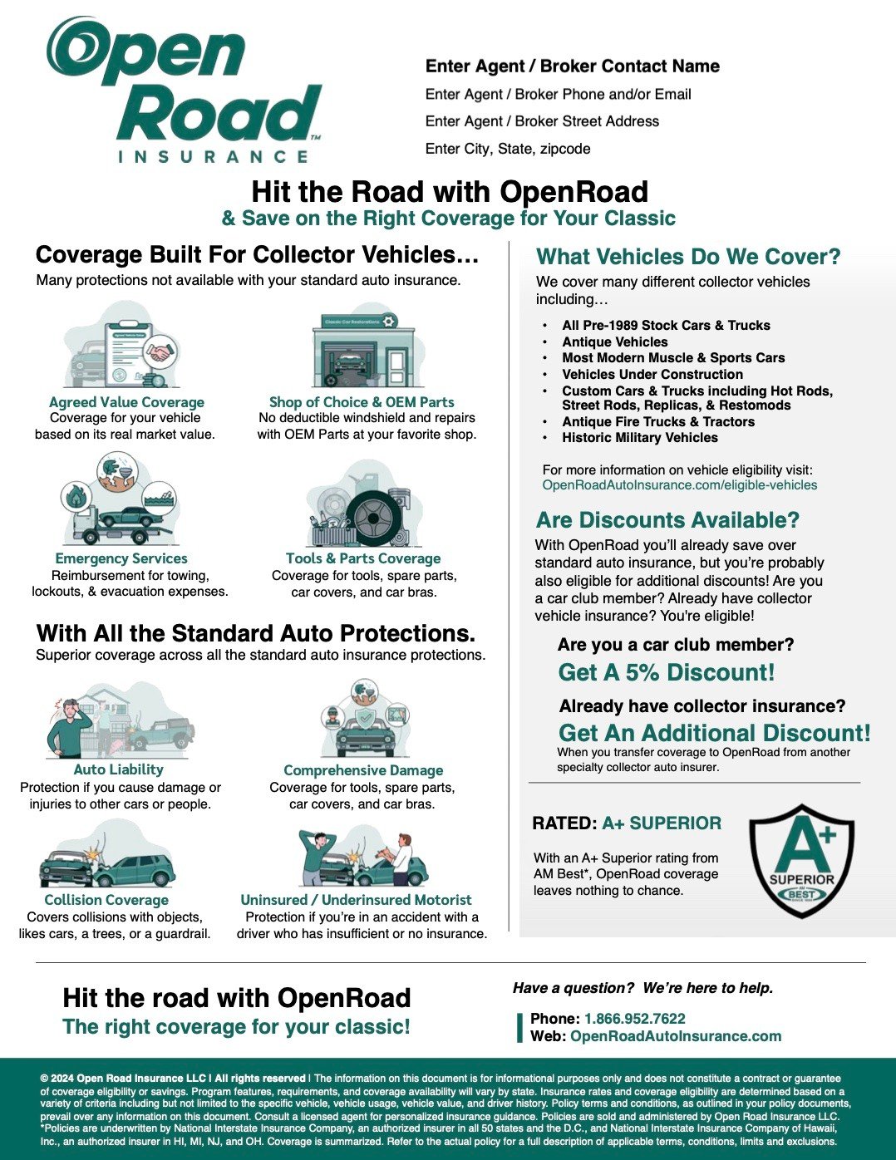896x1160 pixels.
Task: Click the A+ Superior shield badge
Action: tap(801, 861)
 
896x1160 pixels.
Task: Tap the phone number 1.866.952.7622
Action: tap(634, 1019)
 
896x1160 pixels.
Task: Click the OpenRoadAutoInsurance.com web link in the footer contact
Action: tap(675, 1036)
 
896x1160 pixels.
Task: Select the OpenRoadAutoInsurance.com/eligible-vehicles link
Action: tap(679, 485)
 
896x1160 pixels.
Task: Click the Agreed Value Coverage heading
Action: tap(126, 402)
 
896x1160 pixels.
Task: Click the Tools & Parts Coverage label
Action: tap(363, 558)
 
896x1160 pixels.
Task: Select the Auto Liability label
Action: tap(118, 769)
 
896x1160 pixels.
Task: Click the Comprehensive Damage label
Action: tap(363, 770)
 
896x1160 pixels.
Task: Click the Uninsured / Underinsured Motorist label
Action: tap(356, 900)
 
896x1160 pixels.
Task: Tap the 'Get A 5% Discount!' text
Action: tap(666, 672)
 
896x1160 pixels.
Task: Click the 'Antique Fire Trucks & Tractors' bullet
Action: tap(658, 422)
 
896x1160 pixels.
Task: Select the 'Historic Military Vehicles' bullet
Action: tap(639, 438)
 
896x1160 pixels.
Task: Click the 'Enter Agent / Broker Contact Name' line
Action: tap(572, 66)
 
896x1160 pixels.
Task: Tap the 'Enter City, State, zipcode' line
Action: tap(507, 149)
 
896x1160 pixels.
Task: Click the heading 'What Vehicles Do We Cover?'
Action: tap(688, 257)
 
